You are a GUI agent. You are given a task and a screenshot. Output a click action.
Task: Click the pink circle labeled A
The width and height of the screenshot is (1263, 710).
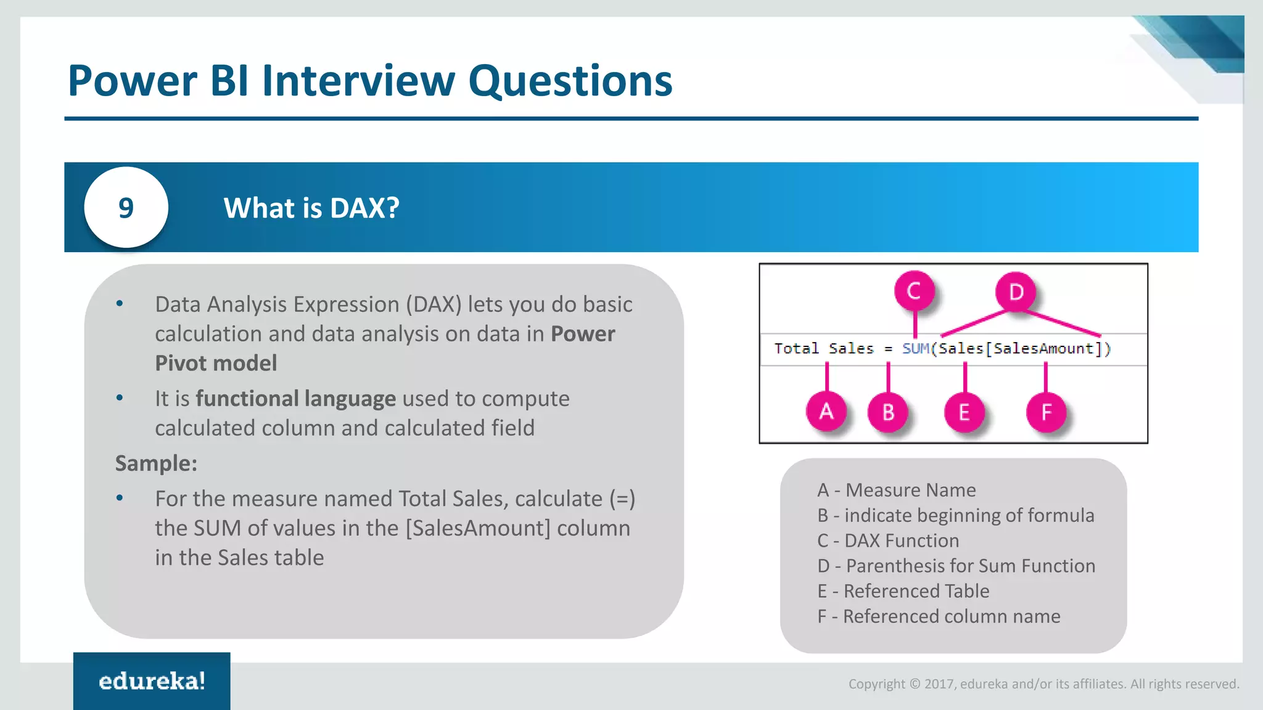(826, 411)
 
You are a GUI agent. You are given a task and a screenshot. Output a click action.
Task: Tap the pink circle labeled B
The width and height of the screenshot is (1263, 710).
(887, 412)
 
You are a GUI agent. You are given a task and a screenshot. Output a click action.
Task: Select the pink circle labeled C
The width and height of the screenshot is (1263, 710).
(914, 291)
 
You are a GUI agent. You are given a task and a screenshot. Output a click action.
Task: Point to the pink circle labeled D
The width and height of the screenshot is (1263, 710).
(1015, 292)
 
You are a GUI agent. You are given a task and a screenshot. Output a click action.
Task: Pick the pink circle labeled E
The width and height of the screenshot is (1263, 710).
(964, 412)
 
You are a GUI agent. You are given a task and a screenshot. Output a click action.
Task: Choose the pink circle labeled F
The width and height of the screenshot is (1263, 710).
(1046, 412)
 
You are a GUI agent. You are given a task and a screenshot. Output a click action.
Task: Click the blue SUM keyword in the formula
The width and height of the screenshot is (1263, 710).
(915, 349)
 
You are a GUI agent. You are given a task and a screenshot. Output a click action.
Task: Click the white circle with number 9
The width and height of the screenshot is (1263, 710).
(126, 208)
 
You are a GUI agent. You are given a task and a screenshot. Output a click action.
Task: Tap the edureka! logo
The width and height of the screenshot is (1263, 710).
(152, 681)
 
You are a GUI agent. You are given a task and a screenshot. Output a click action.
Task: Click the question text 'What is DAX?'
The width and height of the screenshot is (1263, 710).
(311, 208)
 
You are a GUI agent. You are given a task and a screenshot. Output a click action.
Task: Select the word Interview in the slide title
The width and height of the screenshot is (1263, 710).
(358, 81)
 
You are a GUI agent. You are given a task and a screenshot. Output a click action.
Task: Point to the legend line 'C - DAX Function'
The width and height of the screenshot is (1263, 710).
(888, 541)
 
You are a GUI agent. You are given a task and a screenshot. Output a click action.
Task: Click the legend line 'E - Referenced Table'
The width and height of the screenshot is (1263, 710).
(903, 591)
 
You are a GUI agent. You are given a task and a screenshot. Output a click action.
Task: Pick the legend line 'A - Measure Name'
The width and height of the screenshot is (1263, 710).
(896, 490)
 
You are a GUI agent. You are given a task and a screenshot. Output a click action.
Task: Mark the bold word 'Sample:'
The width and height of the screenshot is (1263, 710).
(156, 463)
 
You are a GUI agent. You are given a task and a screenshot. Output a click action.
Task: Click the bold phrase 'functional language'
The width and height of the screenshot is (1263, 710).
(295, 399)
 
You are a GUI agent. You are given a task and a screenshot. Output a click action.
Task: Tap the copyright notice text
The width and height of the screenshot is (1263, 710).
(1043, 683)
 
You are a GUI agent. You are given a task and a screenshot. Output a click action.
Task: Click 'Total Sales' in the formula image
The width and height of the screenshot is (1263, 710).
(823, 349)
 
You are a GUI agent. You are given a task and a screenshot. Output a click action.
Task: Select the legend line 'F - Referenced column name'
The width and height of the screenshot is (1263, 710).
(939, 616)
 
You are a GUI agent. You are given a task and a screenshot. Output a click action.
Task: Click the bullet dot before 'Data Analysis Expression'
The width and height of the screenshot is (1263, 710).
(120, 303)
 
